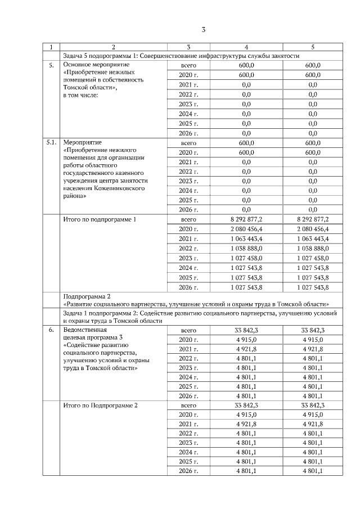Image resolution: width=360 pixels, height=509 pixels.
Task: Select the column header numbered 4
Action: (x=246, y=47)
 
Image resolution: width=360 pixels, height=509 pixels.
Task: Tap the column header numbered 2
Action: (x=114, y=47)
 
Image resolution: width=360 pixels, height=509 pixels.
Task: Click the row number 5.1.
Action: (x=51, y=143)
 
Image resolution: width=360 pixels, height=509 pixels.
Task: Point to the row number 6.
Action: (x=51, y=330)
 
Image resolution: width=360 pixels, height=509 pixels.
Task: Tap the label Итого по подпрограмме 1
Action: (x=100, y=219)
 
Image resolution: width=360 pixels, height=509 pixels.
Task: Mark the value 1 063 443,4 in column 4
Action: (x=246, y=239)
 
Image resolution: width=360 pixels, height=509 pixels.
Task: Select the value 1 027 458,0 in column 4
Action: (x=246, y=258)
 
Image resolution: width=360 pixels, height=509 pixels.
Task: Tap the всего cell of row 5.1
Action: (x=188, y=143)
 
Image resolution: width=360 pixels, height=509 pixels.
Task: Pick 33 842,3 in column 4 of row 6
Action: (x=246, y=330)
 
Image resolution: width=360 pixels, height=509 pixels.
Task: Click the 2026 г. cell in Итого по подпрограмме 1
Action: (x=188, y=287)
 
